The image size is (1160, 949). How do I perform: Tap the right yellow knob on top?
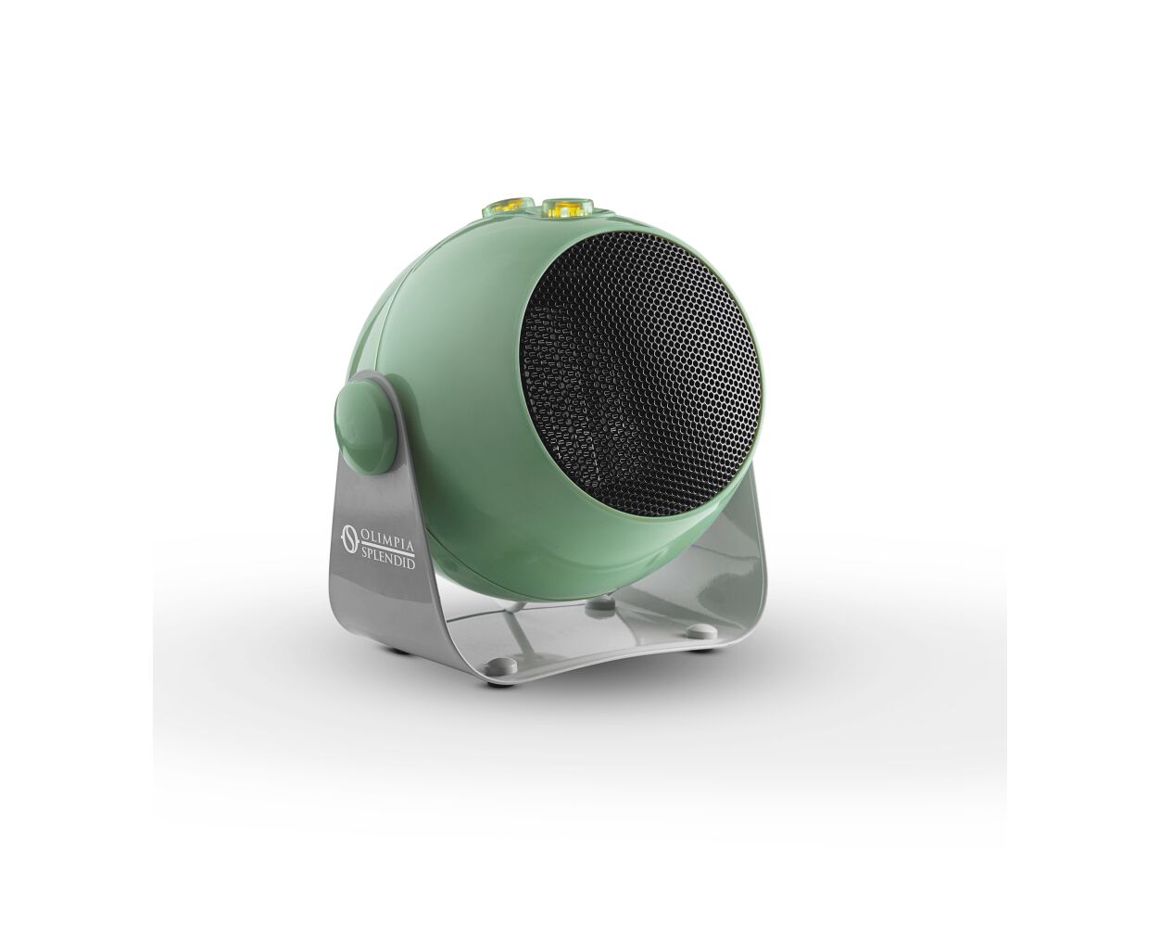566,207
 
